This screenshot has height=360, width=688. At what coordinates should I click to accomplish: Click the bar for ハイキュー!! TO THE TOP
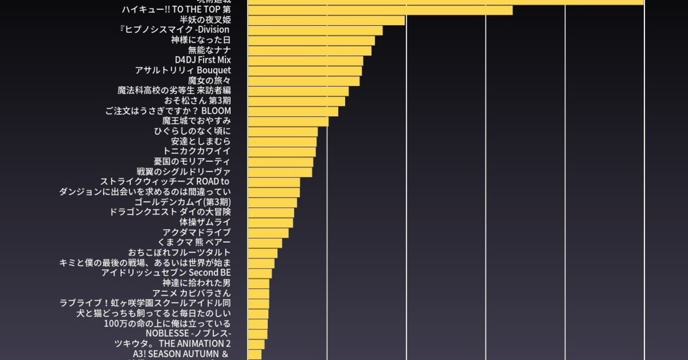click(380, 10)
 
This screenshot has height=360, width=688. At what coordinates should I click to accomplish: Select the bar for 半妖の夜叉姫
click(326, 20)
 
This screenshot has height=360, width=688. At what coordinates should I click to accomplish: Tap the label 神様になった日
click(201, 40)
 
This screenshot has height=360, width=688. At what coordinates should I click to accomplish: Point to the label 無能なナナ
click(209, 50)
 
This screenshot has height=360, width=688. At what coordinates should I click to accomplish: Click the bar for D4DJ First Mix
click(305, 61)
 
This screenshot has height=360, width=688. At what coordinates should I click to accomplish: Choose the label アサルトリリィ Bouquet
click(183, 70)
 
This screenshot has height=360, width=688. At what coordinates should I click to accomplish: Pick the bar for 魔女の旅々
click(304, 81)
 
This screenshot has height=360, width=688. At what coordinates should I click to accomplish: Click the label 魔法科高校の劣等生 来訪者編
click(174, 90)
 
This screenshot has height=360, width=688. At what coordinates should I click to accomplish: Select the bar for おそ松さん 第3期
click(296, 101)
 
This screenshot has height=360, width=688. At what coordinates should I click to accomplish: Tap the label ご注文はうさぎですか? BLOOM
click(168, 111)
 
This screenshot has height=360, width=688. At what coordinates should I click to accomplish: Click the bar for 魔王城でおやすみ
click(288, 121)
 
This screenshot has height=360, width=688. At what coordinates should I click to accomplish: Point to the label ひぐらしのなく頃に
click(192, 131)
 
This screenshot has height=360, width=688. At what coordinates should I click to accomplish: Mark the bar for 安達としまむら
click(282, 141)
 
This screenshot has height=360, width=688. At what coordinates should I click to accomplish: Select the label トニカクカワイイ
click(197, 151)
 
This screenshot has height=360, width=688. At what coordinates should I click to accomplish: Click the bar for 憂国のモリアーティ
click(281, 162)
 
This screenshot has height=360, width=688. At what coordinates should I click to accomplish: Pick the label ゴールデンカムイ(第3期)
click(183, 202)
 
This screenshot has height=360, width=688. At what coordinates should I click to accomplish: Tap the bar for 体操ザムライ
click(270, 222)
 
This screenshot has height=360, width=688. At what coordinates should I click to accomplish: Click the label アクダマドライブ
click(197, 232)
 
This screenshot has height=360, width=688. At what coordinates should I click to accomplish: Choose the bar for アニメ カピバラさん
click(259, 293)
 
